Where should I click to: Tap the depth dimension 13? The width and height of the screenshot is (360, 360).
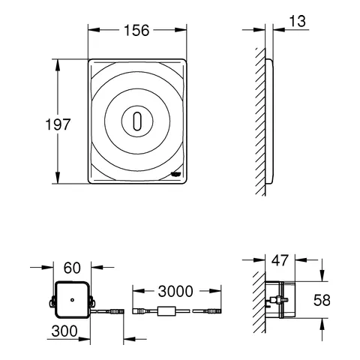297,22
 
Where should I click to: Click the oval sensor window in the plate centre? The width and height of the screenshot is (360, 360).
135,120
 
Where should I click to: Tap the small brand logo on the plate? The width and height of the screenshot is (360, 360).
175,172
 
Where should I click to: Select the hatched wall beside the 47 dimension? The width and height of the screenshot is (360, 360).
257,300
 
